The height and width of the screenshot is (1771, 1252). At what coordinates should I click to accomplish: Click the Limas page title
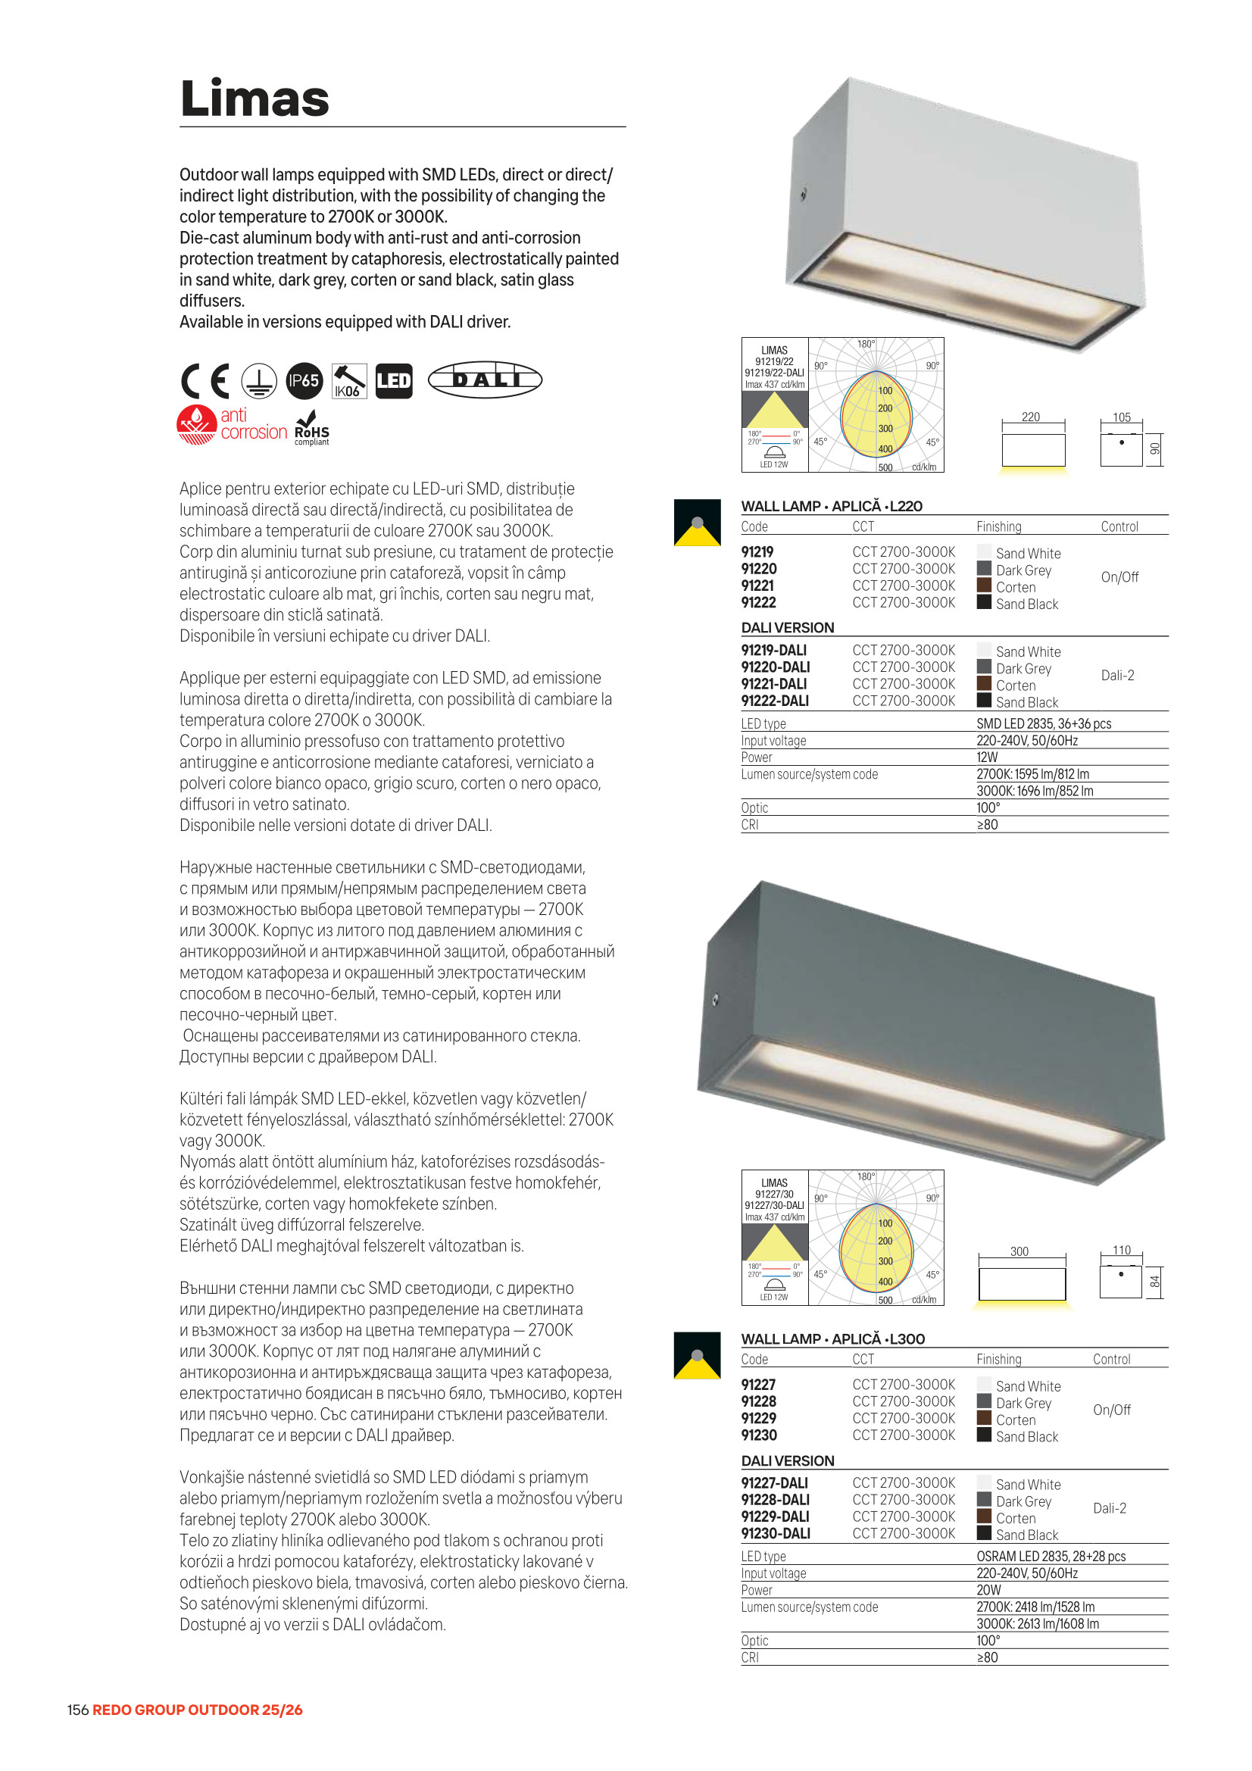point(254,98)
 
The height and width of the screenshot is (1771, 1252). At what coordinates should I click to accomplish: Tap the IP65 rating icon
point(304,380)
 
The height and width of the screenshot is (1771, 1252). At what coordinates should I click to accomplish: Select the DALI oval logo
point(485,379)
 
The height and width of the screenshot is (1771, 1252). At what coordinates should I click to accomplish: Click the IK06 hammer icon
point(348,380)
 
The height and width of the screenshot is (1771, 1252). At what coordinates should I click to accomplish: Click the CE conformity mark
point(205,380)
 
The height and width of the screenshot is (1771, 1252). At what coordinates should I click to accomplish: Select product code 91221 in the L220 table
point(757,586)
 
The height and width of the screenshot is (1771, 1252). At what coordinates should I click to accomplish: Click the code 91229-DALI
point(775,1516)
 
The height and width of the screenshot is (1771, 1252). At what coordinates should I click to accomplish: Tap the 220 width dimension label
point(1031,417)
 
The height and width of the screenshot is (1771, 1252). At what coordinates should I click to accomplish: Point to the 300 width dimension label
point(1019,1251)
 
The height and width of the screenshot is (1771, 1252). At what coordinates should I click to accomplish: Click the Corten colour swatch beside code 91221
point(984,586)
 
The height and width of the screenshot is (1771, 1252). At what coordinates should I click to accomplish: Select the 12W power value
point(987,757)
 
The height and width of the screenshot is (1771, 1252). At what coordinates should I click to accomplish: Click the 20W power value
point(988,1590)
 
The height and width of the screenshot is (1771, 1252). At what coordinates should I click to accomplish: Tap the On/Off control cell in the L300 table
point(1112,1410)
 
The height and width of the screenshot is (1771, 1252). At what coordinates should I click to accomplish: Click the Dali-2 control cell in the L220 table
point(1117,676)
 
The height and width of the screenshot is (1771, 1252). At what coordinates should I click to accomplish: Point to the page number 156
point(78,1710)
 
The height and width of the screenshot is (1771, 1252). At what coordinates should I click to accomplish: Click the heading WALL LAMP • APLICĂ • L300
point(832,1339)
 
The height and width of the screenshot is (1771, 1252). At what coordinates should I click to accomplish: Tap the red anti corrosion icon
point(198,423)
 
